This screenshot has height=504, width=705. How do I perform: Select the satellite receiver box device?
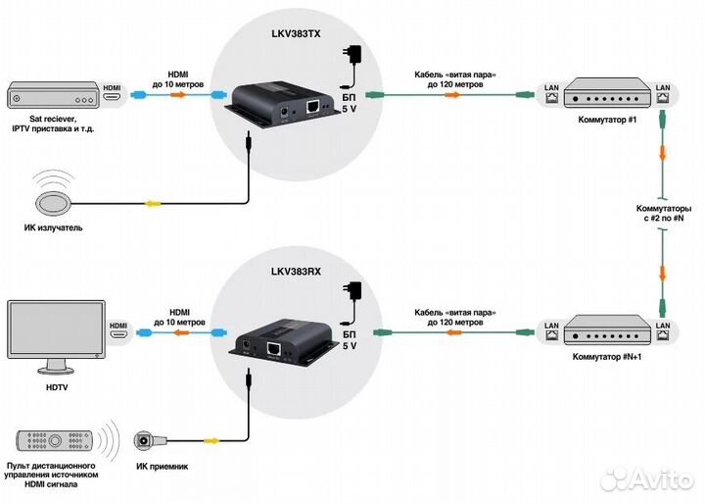pos(51,97)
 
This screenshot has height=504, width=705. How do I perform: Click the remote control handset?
pos(55,438)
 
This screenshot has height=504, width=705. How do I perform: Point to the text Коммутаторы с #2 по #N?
pos(665,214)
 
